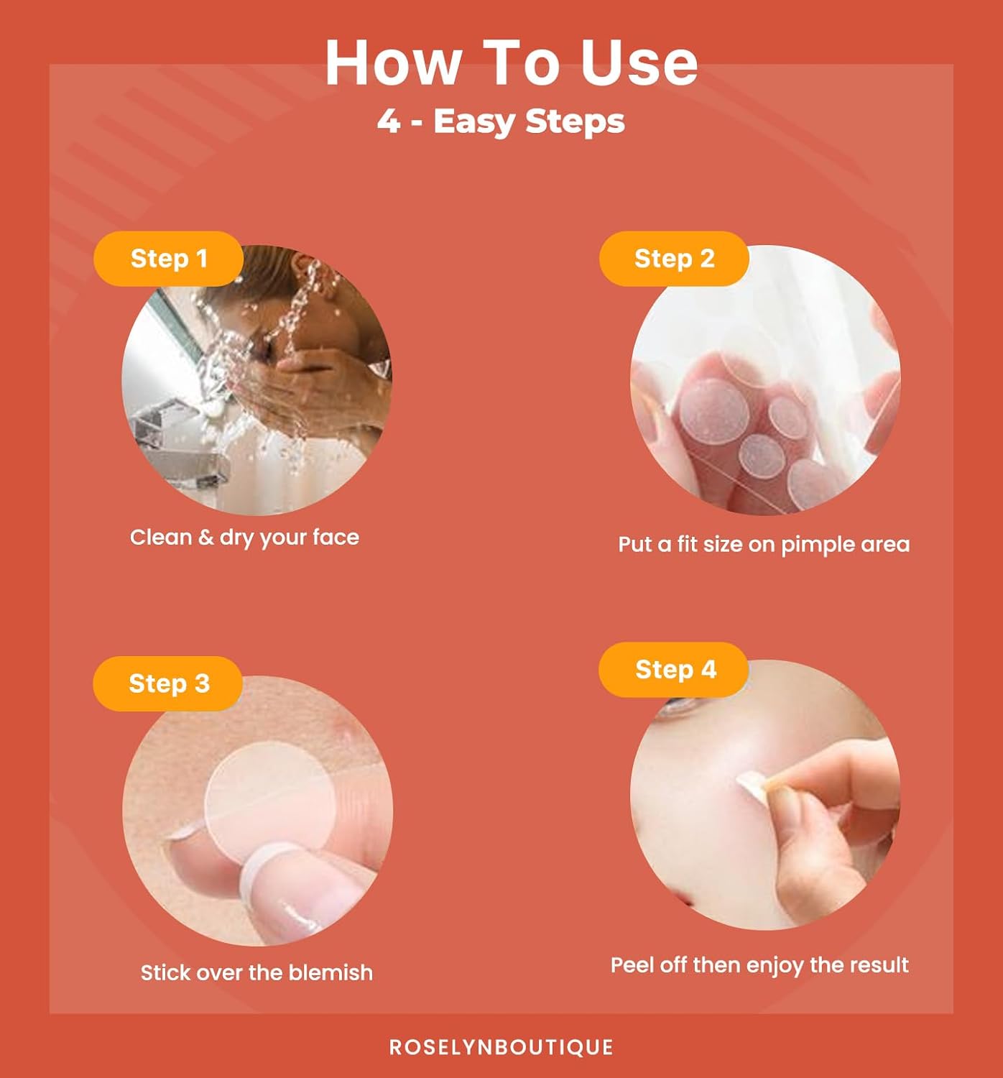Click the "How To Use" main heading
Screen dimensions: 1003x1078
(512, 63)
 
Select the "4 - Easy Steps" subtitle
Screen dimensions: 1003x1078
(501, 121)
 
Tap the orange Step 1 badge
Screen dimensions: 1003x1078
(168, 259)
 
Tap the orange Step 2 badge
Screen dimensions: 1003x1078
(673, 259)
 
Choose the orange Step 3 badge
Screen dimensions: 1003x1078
(167, 683)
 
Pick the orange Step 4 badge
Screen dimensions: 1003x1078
(673, 670)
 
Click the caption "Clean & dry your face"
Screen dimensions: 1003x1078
(244, 538)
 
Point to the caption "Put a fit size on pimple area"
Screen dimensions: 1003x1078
(764, 545)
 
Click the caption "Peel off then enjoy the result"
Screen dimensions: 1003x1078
(759, 965)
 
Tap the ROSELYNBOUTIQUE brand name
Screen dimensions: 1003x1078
(501, 1047)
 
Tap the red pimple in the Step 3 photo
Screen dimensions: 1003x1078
(344, 735)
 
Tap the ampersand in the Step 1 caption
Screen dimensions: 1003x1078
(205, 538)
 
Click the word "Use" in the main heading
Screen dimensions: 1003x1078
(639, 63)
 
